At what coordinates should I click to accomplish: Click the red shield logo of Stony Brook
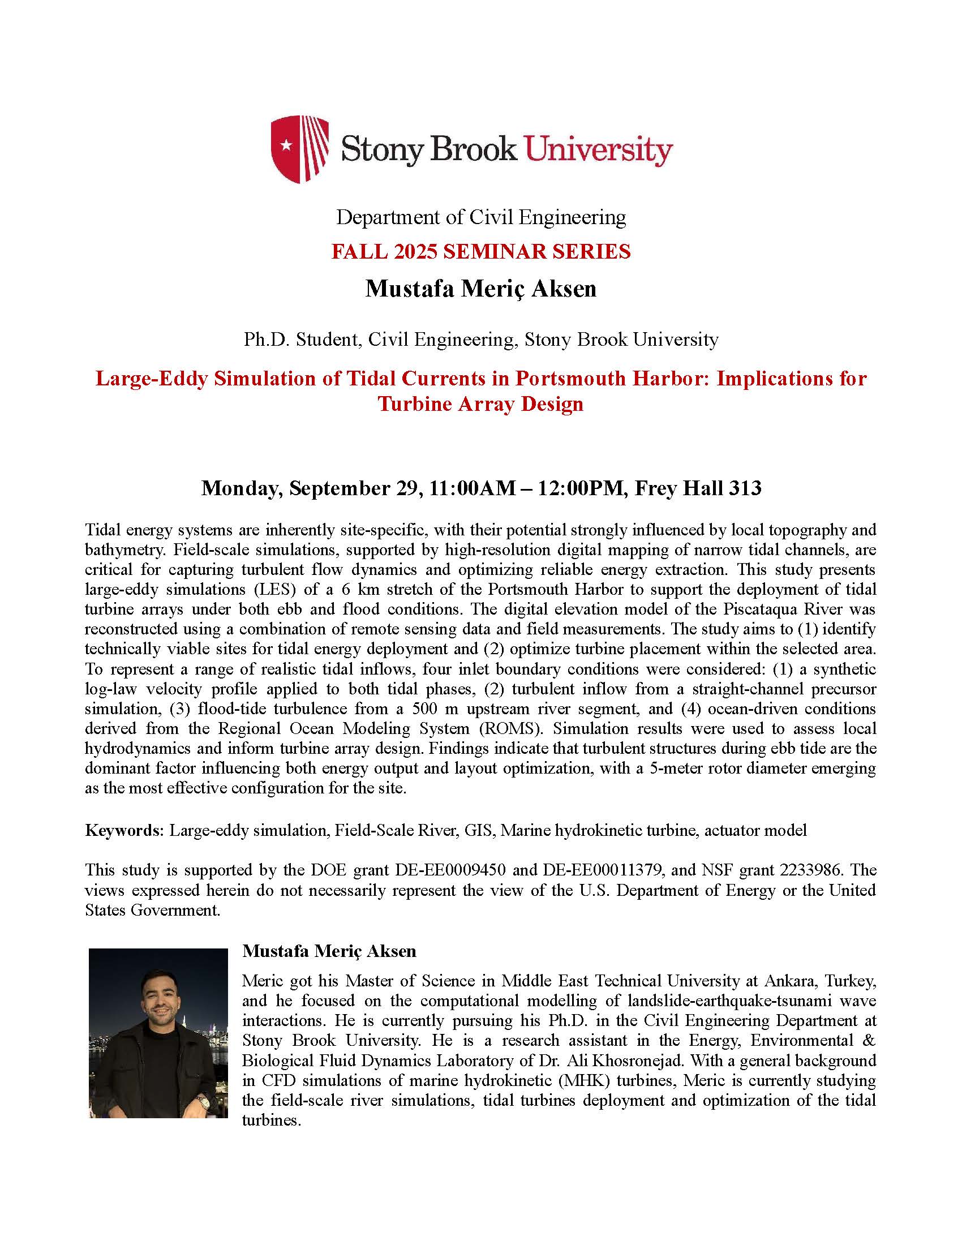299,149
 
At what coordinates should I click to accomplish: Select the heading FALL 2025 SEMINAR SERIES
481,251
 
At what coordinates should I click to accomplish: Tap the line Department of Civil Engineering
481,217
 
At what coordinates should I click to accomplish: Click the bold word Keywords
124,830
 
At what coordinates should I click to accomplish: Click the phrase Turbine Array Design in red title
481,403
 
